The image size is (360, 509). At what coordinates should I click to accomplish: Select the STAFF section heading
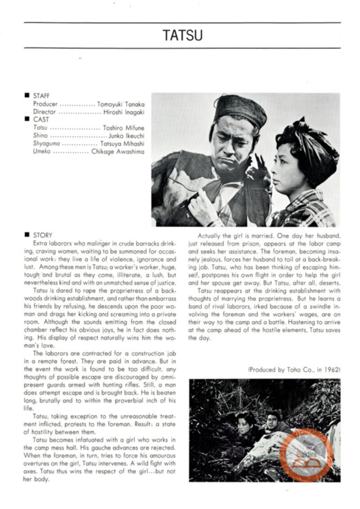click(41, 96)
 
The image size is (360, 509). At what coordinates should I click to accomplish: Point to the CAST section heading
click(41, 120)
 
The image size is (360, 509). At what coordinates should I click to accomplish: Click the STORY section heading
click(43, 235)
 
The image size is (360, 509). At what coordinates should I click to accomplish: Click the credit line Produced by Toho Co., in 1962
click(294, 369)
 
